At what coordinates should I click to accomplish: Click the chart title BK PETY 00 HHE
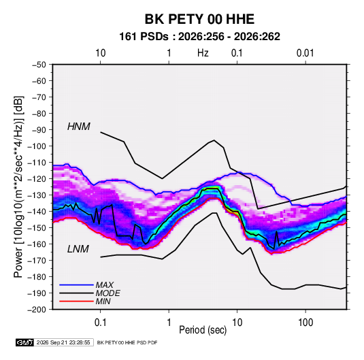pyautogui.click(x=199, y=19)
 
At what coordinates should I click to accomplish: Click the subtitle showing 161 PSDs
pyautogui.click(x=199, y=37)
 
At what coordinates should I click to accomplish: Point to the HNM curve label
pyautogui.click(x=79, y=127)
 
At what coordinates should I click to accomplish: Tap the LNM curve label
pyautogui.click(x=78, y=249)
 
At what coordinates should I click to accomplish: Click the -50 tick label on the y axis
pyautogui.click(x=39, y=65)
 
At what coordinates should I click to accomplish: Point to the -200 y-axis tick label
pyautogui.click(x=37, y=310)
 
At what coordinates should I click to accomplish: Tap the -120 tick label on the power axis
pyautogui.click(x=37, y=179)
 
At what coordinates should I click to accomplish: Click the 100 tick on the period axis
pyautogui.click(x=305, y=323)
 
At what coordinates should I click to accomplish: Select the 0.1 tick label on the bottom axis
pyautogui.click(x=100, y=323)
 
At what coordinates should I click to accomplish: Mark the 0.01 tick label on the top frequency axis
pyautogui.click(x=305, y=53)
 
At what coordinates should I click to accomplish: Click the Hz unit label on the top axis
pyautogui.click(x=203, y=53)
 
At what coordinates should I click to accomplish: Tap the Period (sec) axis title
pyautogui.click(x=203, y=330)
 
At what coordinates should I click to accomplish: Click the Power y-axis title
pyautogui.click(x=18, y=186)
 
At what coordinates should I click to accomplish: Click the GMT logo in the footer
pyautogui.click(x=25, y=342)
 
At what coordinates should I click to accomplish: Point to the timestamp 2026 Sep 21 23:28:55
pyautogui.click(x=63, y=342)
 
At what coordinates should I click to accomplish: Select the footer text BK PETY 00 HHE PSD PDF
pyautogui.click(x=127, y=342)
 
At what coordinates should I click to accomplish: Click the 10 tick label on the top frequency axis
pyautogui.click(x=101, y=53)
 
